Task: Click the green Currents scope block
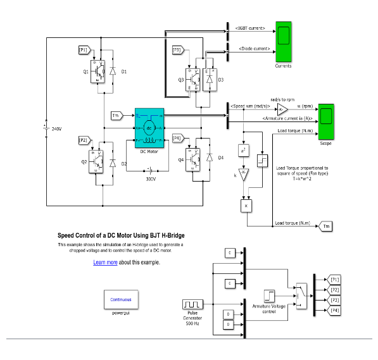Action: tap(283, 41)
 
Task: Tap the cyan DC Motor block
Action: tap(149, 128)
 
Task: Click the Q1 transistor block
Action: tap(98, 71)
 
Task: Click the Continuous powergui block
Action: tap(121, 299)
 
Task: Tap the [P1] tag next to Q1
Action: tap(84, 49)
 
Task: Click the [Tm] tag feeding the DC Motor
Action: tap(116, 115)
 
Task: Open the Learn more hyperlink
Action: tap(105, 262)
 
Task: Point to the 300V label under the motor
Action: tap(149, 179)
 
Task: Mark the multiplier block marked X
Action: tap(245, 206)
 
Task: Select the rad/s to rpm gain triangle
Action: tap(282, 108)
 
